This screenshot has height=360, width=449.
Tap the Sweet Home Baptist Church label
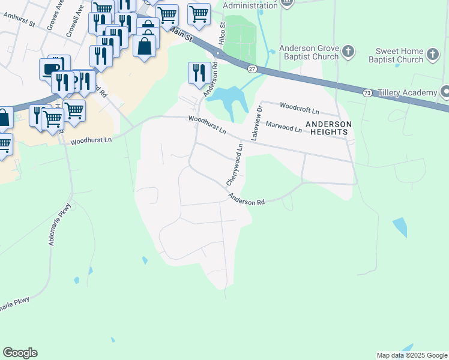pyautogui.click(x=400, y=56)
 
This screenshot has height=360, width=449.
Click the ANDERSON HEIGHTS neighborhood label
pyautogui.click(x=327, y=128)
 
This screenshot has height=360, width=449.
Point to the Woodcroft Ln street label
pyautogui.click(x=300, y=110)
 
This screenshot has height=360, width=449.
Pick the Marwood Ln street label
pyautogui.click(x=283, y=127)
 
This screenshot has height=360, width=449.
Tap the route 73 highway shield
pyautogui.click(x=367, y=92)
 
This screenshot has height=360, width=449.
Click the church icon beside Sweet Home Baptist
pyautogui.click(x=432, y=56)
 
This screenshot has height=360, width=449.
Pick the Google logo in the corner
pyautogui.click(x=20, y=353)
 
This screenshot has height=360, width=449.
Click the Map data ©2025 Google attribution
pyautogui.click(x=412, y=355)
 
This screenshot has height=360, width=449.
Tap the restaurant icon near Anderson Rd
pyautogui.click(x=199, y=73)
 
